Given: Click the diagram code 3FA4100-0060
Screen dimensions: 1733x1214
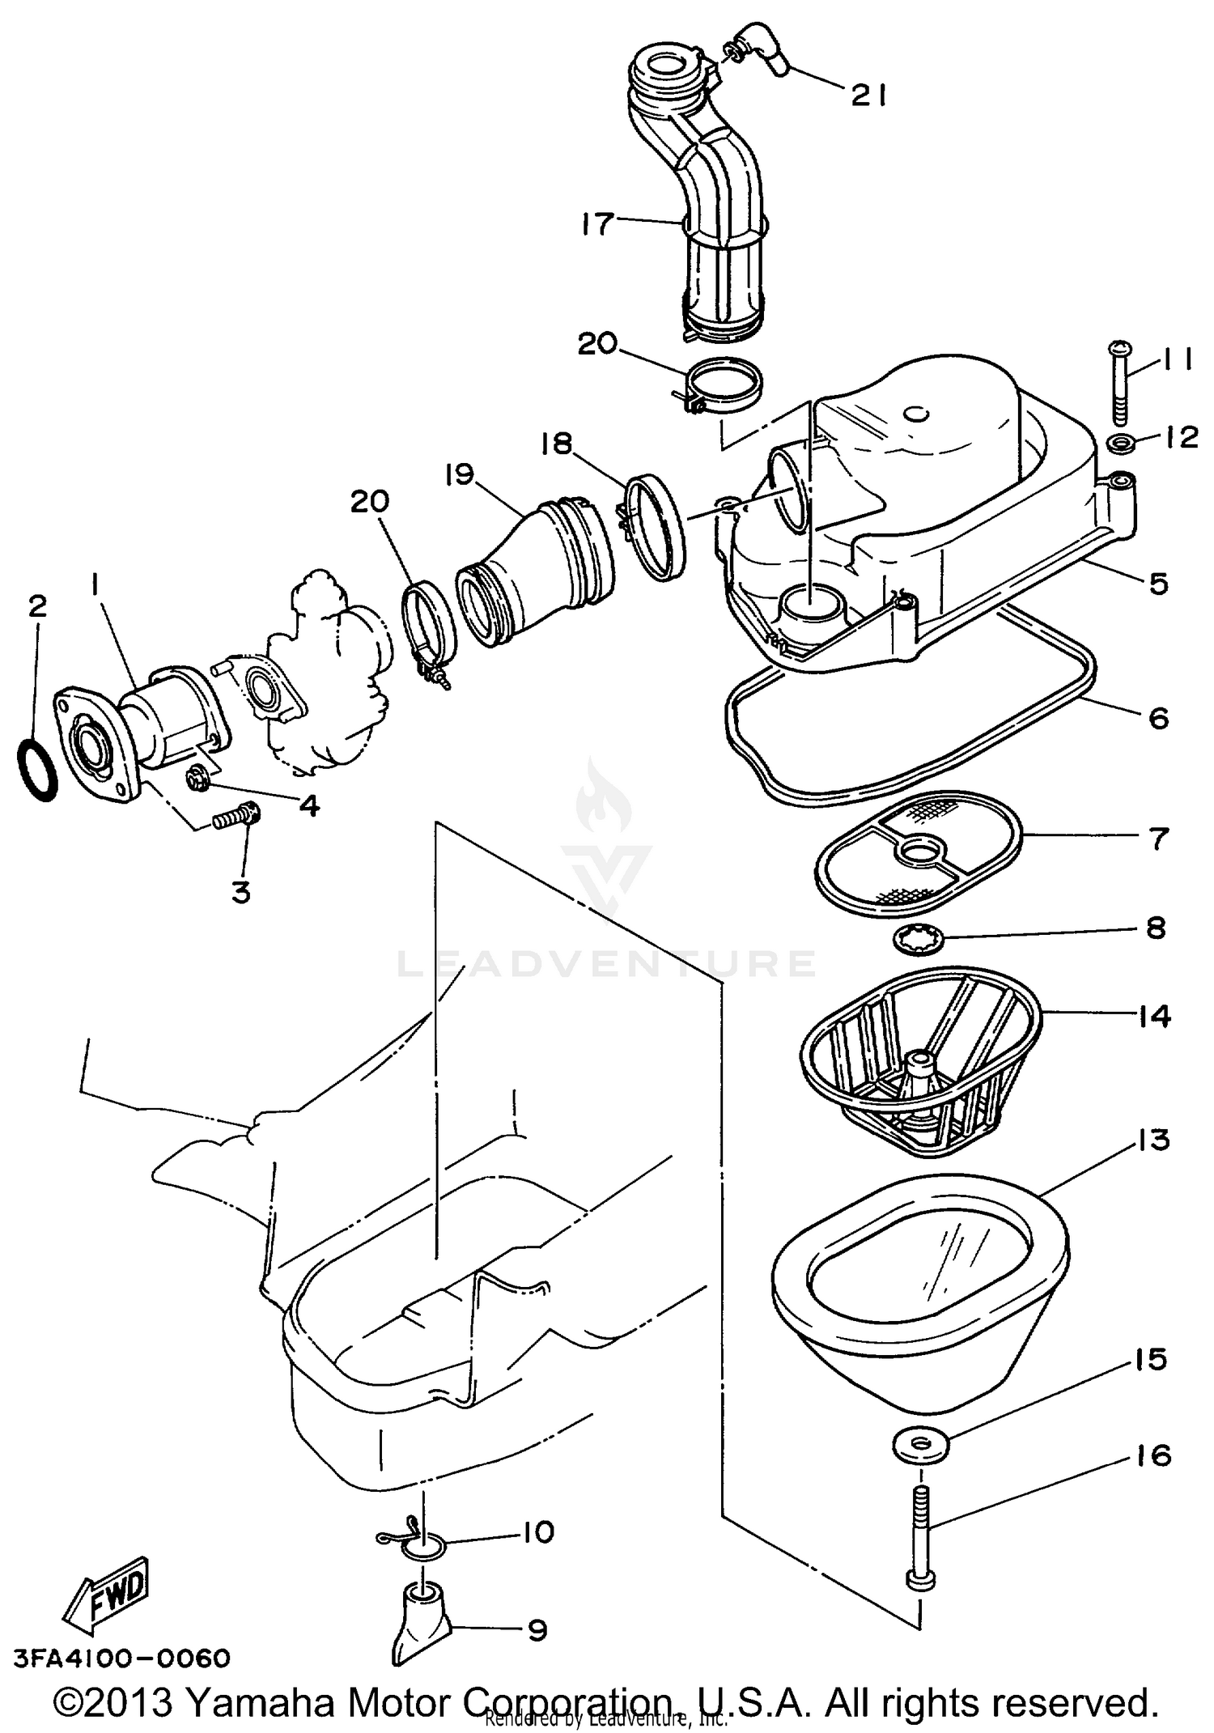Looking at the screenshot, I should [122, 1658].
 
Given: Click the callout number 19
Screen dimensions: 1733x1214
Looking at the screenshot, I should [459, 475].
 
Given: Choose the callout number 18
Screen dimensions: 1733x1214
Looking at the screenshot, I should [558, 444].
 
